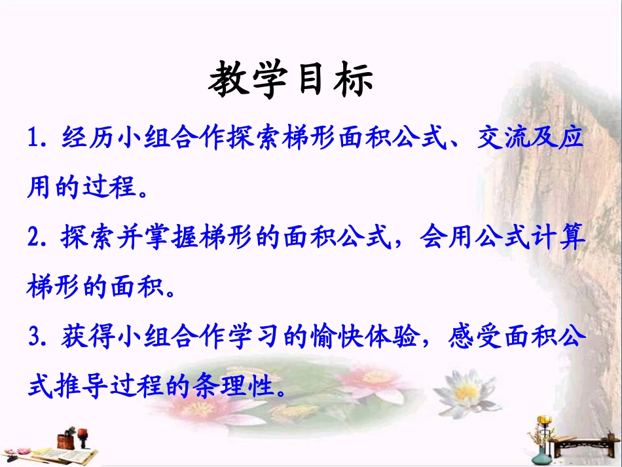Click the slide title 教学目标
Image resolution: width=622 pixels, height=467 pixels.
coord(291,81)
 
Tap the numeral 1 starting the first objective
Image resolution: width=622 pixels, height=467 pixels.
coord(35,140)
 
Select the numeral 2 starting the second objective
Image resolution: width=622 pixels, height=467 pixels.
coord(35,238)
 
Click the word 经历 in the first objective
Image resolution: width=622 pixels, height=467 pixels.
coord(90,140)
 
